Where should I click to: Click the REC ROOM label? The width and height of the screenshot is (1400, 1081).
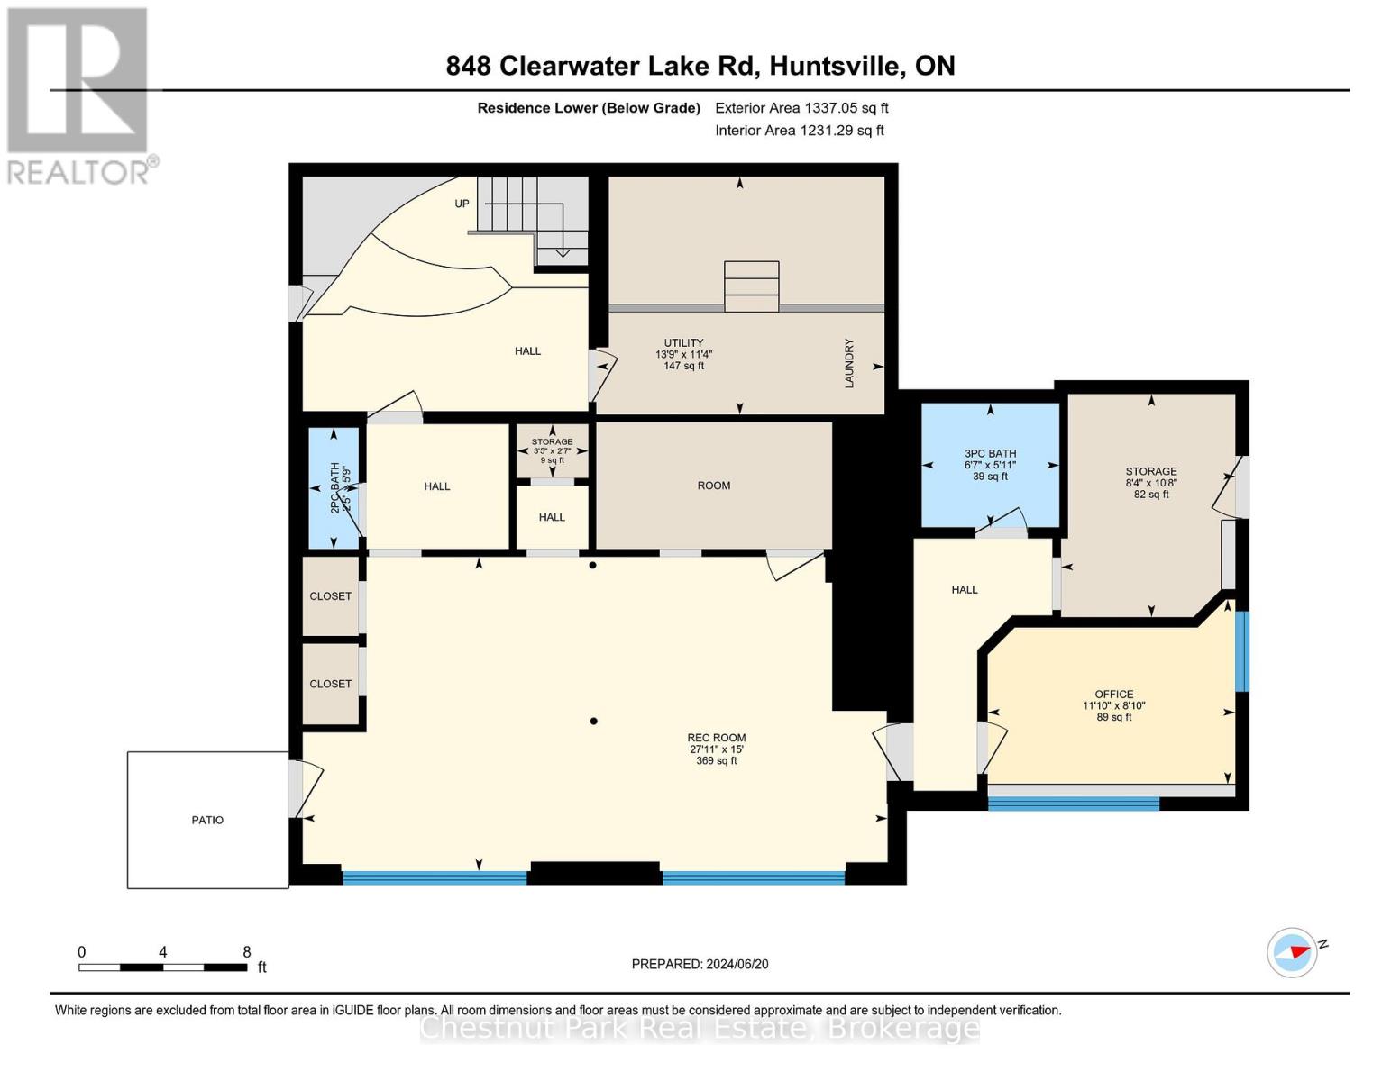click(x=716, y=738)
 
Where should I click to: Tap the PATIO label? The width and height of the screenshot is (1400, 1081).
click(x=207, y=820)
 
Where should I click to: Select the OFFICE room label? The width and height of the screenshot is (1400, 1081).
click(x=1113, y=694)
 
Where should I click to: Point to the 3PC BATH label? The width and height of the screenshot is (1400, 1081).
click(x=990, y=454)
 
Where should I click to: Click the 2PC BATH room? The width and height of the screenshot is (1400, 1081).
click(x=334, y=487)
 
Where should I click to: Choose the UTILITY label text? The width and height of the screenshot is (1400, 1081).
click(x=683, y=342)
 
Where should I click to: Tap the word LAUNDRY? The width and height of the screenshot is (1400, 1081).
click(x=848, y=363)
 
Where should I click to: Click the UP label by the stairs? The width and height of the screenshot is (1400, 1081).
click(x=462, y=204)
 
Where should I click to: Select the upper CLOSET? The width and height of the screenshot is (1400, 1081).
click(x=331, y=596)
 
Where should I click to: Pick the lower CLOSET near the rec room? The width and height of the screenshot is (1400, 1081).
click(x=331, y=684)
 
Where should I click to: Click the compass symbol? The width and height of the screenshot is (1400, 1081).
click(x=1293, y=952)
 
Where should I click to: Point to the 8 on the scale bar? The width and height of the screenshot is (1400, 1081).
click(x=246, y=952)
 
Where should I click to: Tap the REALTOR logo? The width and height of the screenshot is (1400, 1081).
click(x=79, y=95)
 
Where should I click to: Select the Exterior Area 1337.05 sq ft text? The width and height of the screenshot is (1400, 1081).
click(x=801, y=107)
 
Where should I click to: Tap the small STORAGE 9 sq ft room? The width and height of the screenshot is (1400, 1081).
click(x=552, y=450)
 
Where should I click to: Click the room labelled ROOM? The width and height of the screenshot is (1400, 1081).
click(x=713, y=486)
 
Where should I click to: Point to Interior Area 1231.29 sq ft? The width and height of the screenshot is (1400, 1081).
click(x=799, y=130)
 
